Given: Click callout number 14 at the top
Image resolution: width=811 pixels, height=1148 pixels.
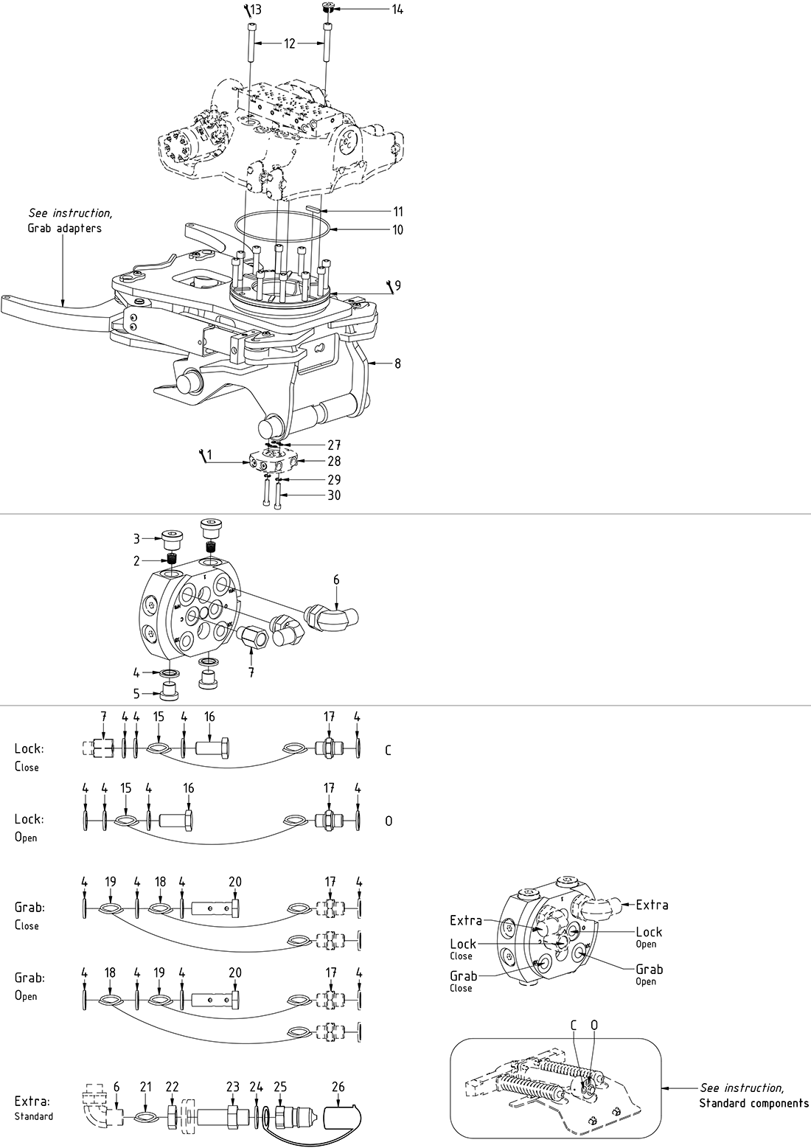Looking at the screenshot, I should point(397,10).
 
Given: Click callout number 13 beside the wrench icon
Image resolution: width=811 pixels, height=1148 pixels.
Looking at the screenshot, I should point(255,10).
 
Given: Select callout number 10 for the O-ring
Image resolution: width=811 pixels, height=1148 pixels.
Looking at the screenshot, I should point(397,230).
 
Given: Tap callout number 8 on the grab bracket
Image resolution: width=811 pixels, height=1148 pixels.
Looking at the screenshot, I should point(397,363).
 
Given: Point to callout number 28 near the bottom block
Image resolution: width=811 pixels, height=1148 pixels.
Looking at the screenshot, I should point(334,462).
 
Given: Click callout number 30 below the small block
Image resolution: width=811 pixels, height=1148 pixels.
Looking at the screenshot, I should point(334,495).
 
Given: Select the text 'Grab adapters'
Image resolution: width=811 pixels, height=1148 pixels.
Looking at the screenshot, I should point(64,228).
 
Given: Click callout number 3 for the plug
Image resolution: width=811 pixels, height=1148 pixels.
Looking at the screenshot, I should point(136,539).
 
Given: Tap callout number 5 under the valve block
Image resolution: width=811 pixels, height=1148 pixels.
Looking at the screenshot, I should point(136,692).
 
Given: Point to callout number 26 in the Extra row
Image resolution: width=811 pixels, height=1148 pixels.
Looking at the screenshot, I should point(338,1088).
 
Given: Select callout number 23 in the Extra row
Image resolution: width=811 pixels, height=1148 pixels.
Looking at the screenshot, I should point(233,1088).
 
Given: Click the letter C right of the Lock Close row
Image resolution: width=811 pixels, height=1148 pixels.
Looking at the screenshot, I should point(388,751).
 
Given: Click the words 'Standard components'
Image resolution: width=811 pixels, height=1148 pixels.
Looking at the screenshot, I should point(753,1104).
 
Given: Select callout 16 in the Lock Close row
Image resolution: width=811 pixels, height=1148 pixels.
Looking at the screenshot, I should point(209,717).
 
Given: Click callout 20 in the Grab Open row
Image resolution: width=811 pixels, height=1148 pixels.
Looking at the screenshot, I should point(235,973).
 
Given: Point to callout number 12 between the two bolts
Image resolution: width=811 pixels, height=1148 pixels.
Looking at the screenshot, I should point(289,44).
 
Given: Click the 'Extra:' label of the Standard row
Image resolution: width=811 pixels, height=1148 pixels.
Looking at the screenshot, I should point(32,1102).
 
